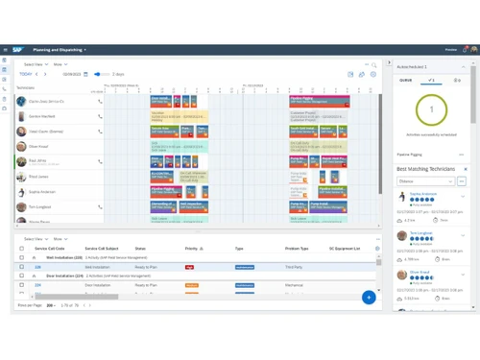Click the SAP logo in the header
point(18,49)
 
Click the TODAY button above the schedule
point(25,74)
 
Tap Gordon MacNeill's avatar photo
point(21,116)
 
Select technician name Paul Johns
point(38,177)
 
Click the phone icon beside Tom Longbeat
point(100,207)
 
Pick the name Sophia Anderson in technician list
point(42,192)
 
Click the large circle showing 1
point(431,109)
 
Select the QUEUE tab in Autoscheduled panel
point(406,81)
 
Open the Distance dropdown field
point(424,180)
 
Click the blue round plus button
point(368,298)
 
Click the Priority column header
point(191,249)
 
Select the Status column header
point(140,249)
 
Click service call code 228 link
point(38,267)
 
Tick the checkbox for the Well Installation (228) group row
point(22,258)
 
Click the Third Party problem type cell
point(294,267)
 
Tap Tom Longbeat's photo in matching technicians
point(403,236)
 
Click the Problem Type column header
point(297,249)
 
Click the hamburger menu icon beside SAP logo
point(6,49)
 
